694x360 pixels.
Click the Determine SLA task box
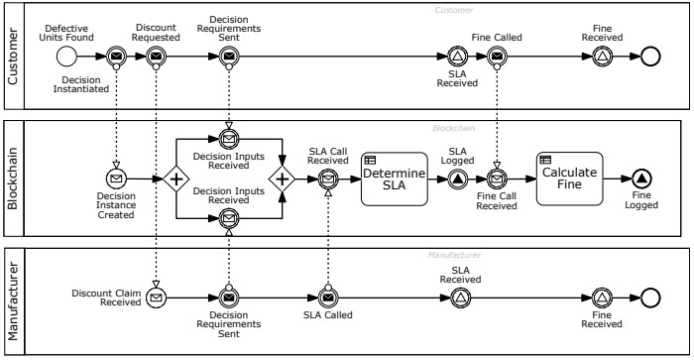[395, 180]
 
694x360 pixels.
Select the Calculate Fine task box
[570, 179]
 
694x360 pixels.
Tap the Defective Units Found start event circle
[66, 57]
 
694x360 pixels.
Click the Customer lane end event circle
[650, 57]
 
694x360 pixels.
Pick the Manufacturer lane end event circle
[650, 298]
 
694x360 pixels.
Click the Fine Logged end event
[641, 179]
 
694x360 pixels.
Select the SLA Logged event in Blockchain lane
[458, 180]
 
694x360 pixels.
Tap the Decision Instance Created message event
[116, 179]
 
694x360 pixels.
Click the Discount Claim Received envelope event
[156, 298]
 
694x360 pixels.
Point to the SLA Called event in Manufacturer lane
[328, 298]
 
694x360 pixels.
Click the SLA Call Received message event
[328, 180]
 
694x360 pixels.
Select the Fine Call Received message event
[497, 180]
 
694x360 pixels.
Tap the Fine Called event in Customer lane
[497, 57]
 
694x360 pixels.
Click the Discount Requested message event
[156, 57]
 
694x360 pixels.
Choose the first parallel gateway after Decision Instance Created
[176, 180]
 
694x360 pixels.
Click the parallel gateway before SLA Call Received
[282, 180]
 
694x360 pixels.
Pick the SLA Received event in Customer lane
[458, 57]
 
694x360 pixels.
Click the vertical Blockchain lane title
[12, 179]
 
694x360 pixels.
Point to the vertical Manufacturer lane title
[13, 301]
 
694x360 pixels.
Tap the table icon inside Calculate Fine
[545, 160]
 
